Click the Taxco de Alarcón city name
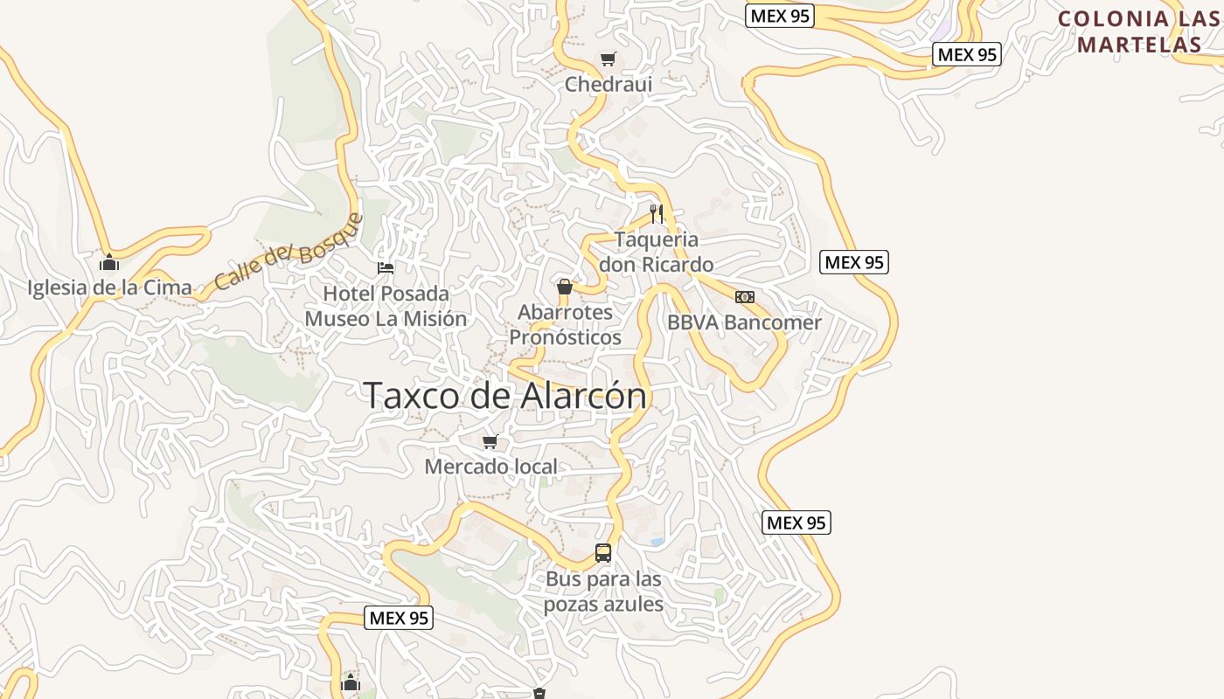pos(505,395)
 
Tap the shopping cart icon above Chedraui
pos(608,59)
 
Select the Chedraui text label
pos(609,85)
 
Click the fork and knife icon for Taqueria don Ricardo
pos(657,213)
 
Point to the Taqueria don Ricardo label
pos(656,252)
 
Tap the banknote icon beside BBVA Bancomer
pos(745,297)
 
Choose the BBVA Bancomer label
pos(744,322)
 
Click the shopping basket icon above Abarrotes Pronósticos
pos(565,287)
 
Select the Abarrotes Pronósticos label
pos(565,324)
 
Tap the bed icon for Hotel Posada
pos(386,267)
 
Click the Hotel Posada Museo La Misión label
pos(386,306)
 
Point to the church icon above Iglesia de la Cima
pos(109,262)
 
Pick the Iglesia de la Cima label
pos(109,287)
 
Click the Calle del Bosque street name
pos(287,253)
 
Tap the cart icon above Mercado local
pos(490,442)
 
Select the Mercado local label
pos(490,467)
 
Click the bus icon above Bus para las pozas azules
pos(603,552)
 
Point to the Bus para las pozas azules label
pos(603,592)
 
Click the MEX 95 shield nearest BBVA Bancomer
pos(854,262)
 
